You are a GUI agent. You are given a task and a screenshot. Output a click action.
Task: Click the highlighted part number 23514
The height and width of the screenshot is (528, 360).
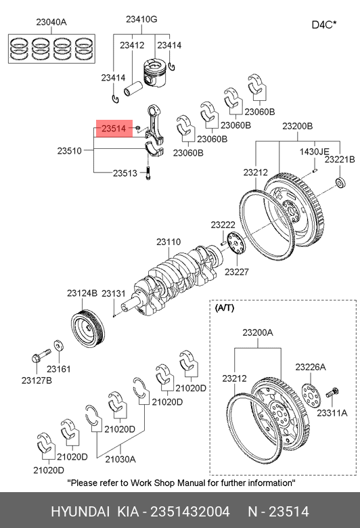pos(114,129)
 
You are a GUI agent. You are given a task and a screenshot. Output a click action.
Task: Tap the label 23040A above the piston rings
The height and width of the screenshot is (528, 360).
pos(51,22)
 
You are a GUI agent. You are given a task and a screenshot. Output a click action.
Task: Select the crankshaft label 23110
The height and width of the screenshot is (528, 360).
pos(168,242)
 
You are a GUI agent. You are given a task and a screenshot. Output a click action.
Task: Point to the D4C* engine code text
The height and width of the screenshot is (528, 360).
pos(324,25)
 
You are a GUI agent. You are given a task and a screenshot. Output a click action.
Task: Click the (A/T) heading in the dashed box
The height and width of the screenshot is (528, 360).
pos(224,308)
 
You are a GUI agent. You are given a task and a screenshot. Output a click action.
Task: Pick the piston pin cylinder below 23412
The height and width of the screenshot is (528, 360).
pos(133,88)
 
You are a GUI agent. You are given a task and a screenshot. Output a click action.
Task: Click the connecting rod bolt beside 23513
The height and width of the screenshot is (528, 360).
pos(148,173)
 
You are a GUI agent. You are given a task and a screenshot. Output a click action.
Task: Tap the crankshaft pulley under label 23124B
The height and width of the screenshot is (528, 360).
pos(88,328)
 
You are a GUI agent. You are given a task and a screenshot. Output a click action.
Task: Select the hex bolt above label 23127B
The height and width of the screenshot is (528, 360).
pos(41,355)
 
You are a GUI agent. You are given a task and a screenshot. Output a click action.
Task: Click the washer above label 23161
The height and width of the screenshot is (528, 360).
pos(59,346)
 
